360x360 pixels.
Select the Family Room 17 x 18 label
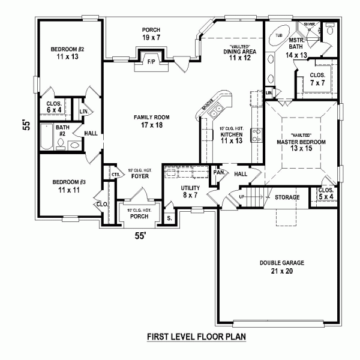pyautogui.click(x=150, y=121)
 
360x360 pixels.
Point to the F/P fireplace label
pyautogui.click(x=151, y=61)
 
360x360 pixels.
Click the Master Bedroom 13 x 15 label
pyautogui.click(x=301, y=142)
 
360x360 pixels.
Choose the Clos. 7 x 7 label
pyautogui.click(x=317, y=79)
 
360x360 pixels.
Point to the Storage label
pyautogui.click(x=287, y=197)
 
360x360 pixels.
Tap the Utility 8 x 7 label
pyautogui.click(x=190, y=191)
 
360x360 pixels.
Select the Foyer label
pyautogui.click(x=138, y=176)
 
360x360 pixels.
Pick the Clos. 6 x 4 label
pyautogui.click(x=55, y=106)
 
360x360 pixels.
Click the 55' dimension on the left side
pyautogui.click(x=26, y=125)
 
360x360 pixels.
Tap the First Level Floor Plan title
pyautogui.click(x=196, y=337)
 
